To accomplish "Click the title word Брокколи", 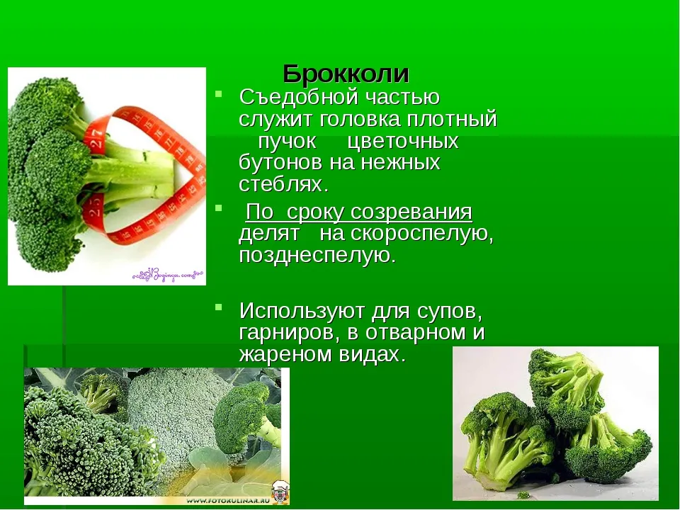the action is [x=346, y=74].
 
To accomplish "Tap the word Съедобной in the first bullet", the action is [x=298, y=97].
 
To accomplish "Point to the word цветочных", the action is [x=403, y=142].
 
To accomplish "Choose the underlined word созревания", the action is [x=411, y=212].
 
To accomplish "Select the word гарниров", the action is [x=286, y=333].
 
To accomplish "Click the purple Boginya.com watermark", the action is [x=168, y=275].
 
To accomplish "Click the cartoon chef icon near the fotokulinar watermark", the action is [x=280, y=493].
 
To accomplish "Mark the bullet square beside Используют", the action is [x=219, y=307].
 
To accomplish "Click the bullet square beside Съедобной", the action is [x=219, y=93].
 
